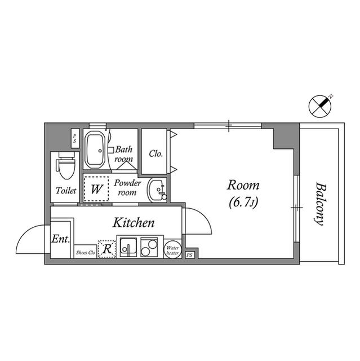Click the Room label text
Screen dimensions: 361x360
tap(243, 185)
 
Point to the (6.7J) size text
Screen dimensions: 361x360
tap(243, 202)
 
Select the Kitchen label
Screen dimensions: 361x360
tap(134, 222)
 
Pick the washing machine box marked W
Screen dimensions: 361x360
tap(97, 188)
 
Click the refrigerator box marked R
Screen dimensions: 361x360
tap(107, 248)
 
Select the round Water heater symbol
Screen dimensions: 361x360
tap(172, 249)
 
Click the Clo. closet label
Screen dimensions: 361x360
tap(156, 153)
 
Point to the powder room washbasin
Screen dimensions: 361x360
tap(156, 190)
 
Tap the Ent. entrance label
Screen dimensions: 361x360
tap(60, 239)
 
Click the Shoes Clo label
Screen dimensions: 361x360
tap(86, 253)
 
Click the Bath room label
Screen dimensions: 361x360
tap(124, 154)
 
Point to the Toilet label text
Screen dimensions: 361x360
tap(66, 191)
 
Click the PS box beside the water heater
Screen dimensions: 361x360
tap(189, 254)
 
